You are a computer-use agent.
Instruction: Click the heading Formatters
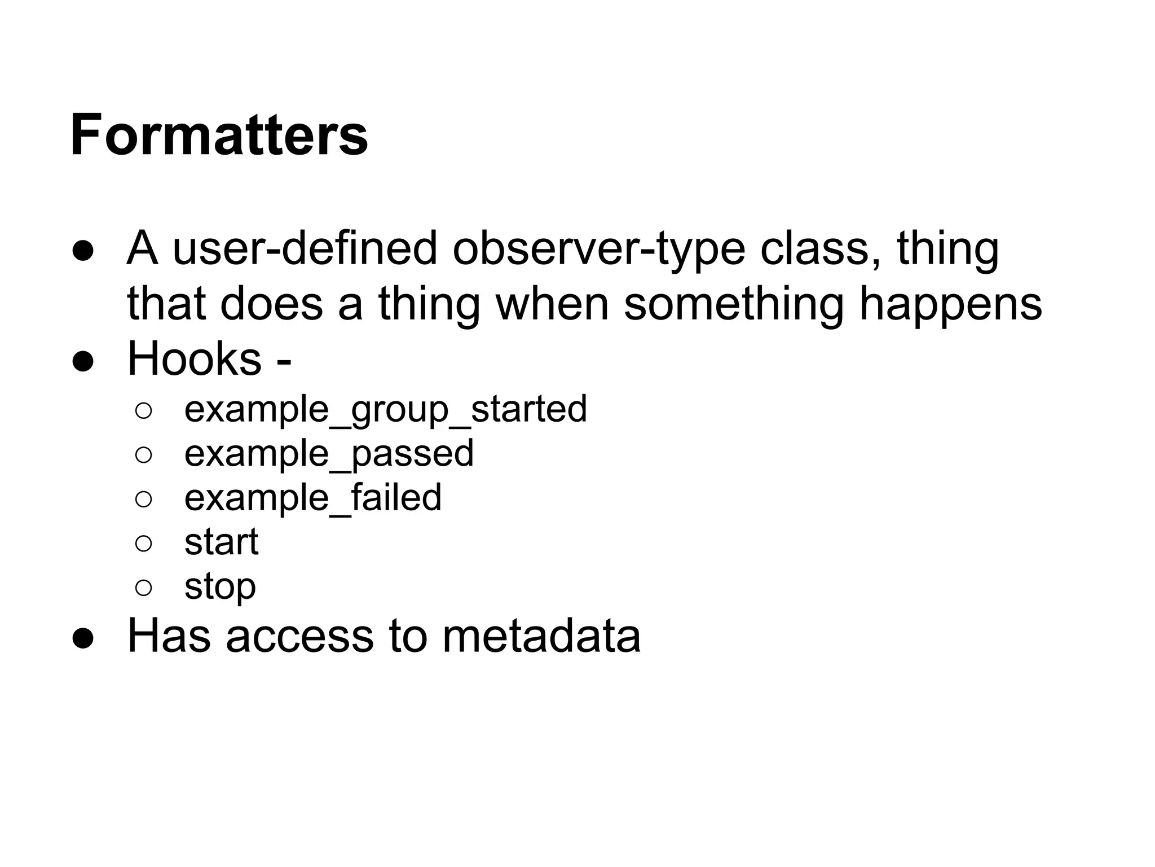pyautogui.click(x=219, y=135)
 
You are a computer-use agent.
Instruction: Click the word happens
pyautogui.click(x=951, y=304)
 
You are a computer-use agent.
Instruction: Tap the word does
pyautogui.click(x=271, y=304)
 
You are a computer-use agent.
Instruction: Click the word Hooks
pyautogui.click(x=195, y=358)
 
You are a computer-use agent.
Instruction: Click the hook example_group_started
pyautogui.click(x=386, y=409)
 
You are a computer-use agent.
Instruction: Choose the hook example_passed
pyautogui.click(x=329, y=453)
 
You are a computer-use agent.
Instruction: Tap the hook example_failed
pyautogui.click(x=313, y=497)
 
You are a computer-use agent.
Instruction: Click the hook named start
pyautogui.click(x=222, y=542)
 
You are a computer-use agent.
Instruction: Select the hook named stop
pyautogui.click(x=220, y=587)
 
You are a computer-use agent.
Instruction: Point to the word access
pyautogui.click(x=299, y=636)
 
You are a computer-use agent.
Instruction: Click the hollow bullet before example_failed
pyautogui.click(x=144, y=498)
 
